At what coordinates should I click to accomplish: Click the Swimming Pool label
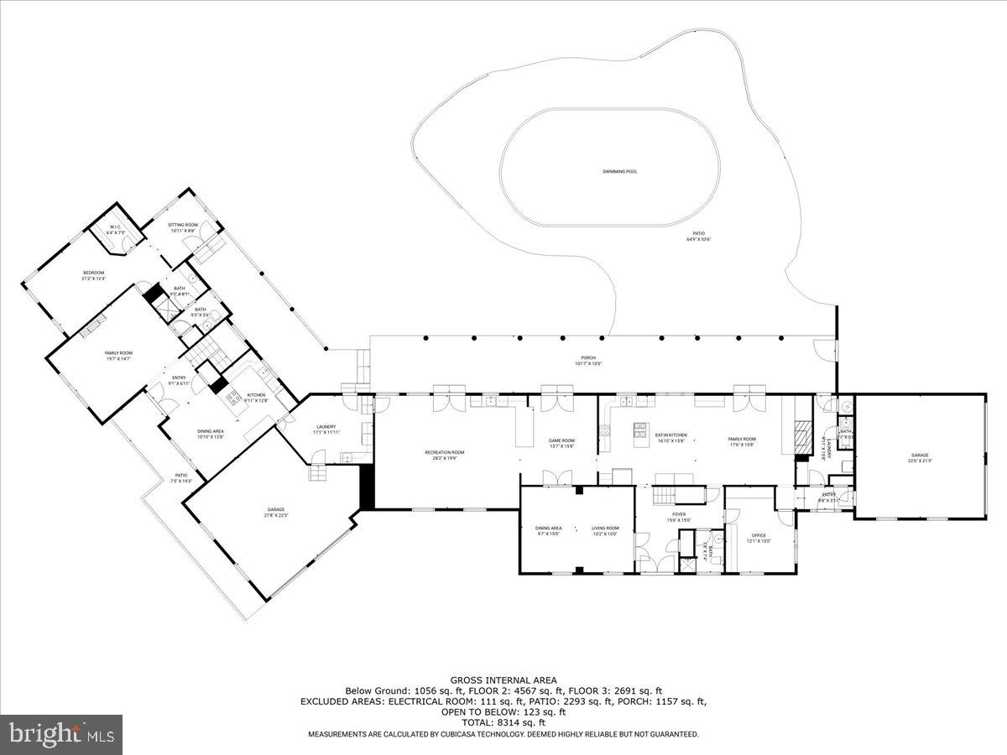click(619, 171)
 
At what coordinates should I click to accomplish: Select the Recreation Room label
click(444, 453)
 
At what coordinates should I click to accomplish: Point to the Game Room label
click(561, 441)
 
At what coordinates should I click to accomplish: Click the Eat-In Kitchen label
click(670, 436)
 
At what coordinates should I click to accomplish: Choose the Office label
click(759, 535)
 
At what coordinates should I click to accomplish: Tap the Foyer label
click(679, 514)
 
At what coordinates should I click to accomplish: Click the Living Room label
click(604, 528)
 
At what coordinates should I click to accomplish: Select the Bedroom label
click(93, 273)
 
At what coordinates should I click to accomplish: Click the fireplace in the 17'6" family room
click(802, 435)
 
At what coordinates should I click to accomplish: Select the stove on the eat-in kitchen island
click(642, 426)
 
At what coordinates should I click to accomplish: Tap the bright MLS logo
click(61, 735)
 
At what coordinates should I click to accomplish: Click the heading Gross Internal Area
click(503, 680)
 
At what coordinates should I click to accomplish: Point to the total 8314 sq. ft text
click(503, 721)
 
